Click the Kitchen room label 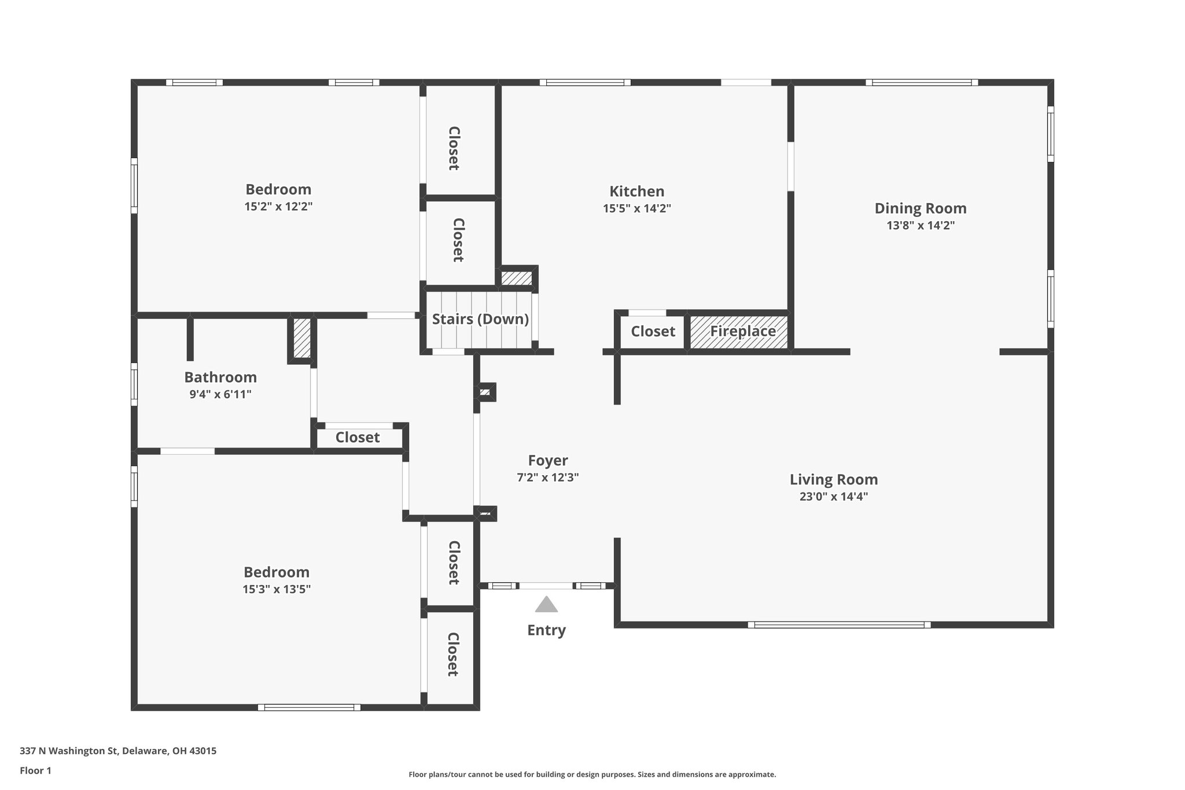tap(636, 191)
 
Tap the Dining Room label tap(920, 208)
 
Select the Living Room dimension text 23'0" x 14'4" tap(834, 497)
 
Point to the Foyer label tap(548, 461)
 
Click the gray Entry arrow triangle tap(546, 605)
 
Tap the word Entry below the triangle tap(546, 630)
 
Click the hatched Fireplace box tap(739, 332)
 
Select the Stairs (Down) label tap(480, 319)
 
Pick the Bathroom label tap(220, 377)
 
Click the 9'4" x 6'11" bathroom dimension tap(220, 395)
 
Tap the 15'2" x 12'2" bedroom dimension tap(278, 207)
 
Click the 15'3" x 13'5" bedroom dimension tap(277, 589)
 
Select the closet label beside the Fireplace tap(653, 332)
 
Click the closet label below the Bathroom tap(358, 438)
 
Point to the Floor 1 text tap(35, 770)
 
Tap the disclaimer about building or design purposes tap(592, 774)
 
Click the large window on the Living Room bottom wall tap(839, 624)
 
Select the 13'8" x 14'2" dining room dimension tap(920, 226)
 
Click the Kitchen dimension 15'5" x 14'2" tap(636, 208)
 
